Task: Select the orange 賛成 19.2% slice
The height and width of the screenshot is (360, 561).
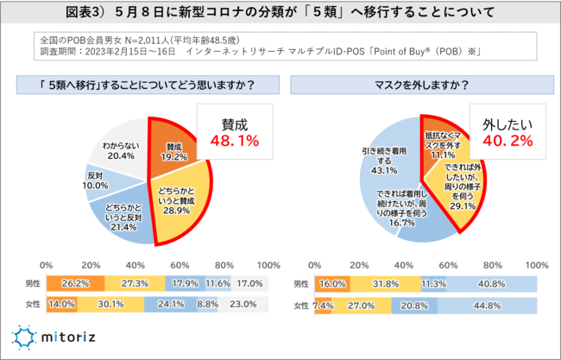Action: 173,148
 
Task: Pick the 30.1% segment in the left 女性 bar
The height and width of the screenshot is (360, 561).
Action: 110,304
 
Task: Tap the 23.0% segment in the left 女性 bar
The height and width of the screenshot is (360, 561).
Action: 243,304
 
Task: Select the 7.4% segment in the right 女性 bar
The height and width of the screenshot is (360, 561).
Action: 324,304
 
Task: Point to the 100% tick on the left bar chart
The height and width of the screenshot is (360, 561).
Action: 268,264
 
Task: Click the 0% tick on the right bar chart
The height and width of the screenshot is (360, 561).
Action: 316,264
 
